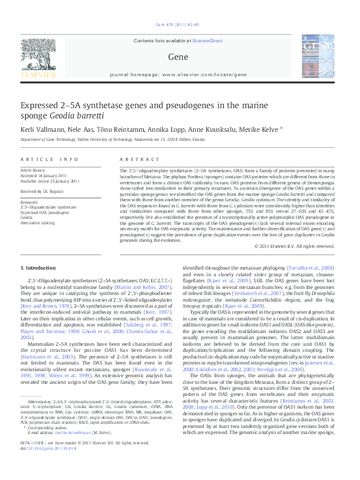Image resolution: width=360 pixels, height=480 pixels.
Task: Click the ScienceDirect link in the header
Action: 207,41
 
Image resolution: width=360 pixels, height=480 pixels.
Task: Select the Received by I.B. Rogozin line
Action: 47,192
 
